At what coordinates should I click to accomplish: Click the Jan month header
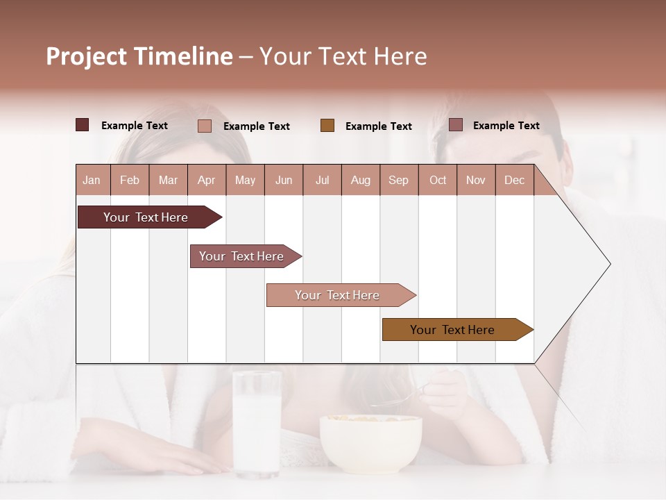[x=92, y=180]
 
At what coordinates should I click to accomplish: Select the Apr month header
[x=207, y=180]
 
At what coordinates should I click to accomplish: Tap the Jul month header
[x=322, y=180]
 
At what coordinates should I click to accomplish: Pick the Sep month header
[x=398, y=180]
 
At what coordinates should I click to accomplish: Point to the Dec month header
[x=514, y=180]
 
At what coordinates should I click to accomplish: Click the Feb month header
[x=130, y=180]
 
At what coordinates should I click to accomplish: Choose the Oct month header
[x=438, y=180]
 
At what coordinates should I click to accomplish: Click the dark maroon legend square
[x=83, y=125]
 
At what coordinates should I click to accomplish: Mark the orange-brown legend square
[x=327, y=126]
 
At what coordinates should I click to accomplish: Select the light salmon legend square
[x=205, y=126]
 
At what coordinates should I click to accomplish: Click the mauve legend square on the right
[x=456, y=125]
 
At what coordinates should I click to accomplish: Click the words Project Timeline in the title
[x=139, y=56]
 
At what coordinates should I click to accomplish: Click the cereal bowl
[x=370, y=442]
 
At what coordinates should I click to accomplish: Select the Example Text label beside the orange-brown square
[x=378, y=126]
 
